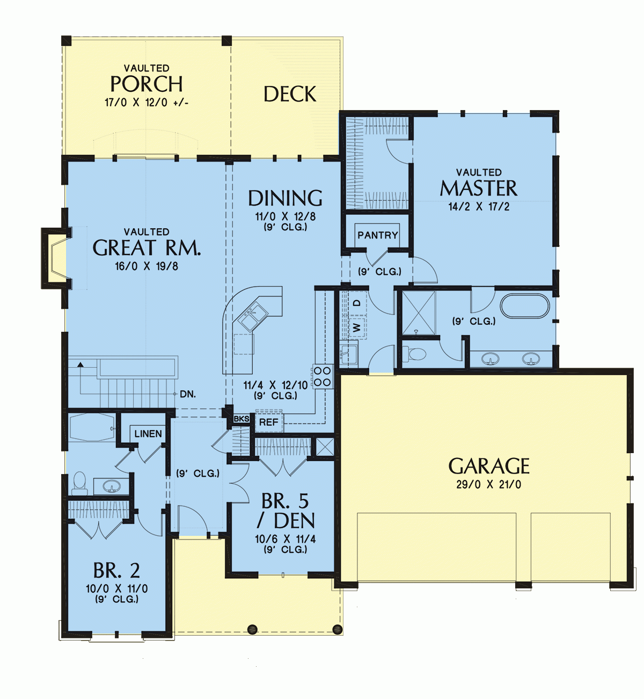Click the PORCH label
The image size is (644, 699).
pyautogui.click(x=146, y=84)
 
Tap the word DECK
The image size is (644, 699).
pyautogui.click(x=290, y=94)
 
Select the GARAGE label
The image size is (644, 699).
pyautogui.click(x=489, y=466)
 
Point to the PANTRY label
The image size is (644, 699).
pyautogui.click(x=377, y=235)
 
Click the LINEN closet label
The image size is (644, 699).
pyautogui.click(x=148, y=434)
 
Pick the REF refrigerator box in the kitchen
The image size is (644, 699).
pyautogui.click(x=269, y=423)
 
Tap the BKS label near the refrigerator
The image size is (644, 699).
pyautogui.click(x=241, y=419)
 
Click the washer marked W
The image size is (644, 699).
pyautogui.click(x=357, y=327)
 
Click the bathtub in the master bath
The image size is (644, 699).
pyautogui.click(x=525, y=306)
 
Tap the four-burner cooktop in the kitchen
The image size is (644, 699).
pyautogui.click(x=323, y=376)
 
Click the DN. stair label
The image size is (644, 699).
pyautogui.click(x=188, y=394)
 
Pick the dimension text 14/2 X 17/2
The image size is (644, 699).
pyautogui.click(x=479, y=206)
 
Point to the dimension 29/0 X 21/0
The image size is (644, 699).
pyautogui.click(x=488, y=484)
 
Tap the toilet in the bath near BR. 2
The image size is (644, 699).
pyautogui.click(x=79, y=483)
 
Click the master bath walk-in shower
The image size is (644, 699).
pyautogui.click(x=419, y=312)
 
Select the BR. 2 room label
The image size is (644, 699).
pyautogui.click(x=116, y=570)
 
